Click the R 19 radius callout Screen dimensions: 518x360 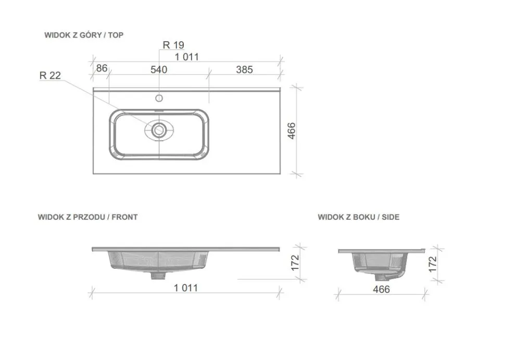173,45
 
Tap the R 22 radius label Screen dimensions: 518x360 50,76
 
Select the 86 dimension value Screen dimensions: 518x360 102,68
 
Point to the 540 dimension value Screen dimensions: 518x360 159,69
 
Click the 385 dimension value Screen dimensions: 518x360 245,69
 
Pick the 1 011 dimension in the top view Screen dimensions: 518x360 187,57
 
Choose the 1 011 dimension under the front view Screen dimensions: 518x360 186,288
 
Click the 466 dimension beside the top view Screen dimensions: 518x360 292,131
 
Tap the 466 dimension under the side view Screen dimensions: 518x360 381,289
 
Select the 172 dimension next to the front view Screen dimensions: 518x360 295,263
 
